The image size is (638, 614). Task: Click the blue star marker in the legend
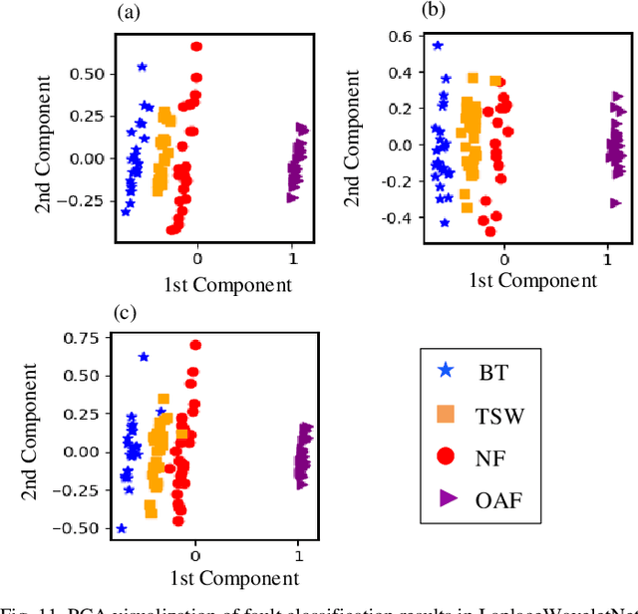pos(446,371)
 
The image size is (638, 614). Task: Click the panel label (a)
pos(129,12)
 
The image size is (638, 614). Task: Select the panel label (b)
pos(434,10)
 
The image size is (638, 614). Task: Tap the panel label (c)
pos(126,312)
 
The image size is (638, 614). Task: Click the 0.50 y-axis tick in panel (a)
pos(90,74)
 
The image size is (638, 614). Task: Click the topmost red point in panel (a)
pos(196,47)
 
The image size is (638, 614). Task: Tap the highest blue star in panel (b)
pos(437,46)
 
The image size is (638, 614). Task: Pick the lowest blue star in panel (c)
pos(122,528)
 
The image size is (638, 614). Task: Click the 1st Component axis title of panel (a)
pos(228,285)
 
